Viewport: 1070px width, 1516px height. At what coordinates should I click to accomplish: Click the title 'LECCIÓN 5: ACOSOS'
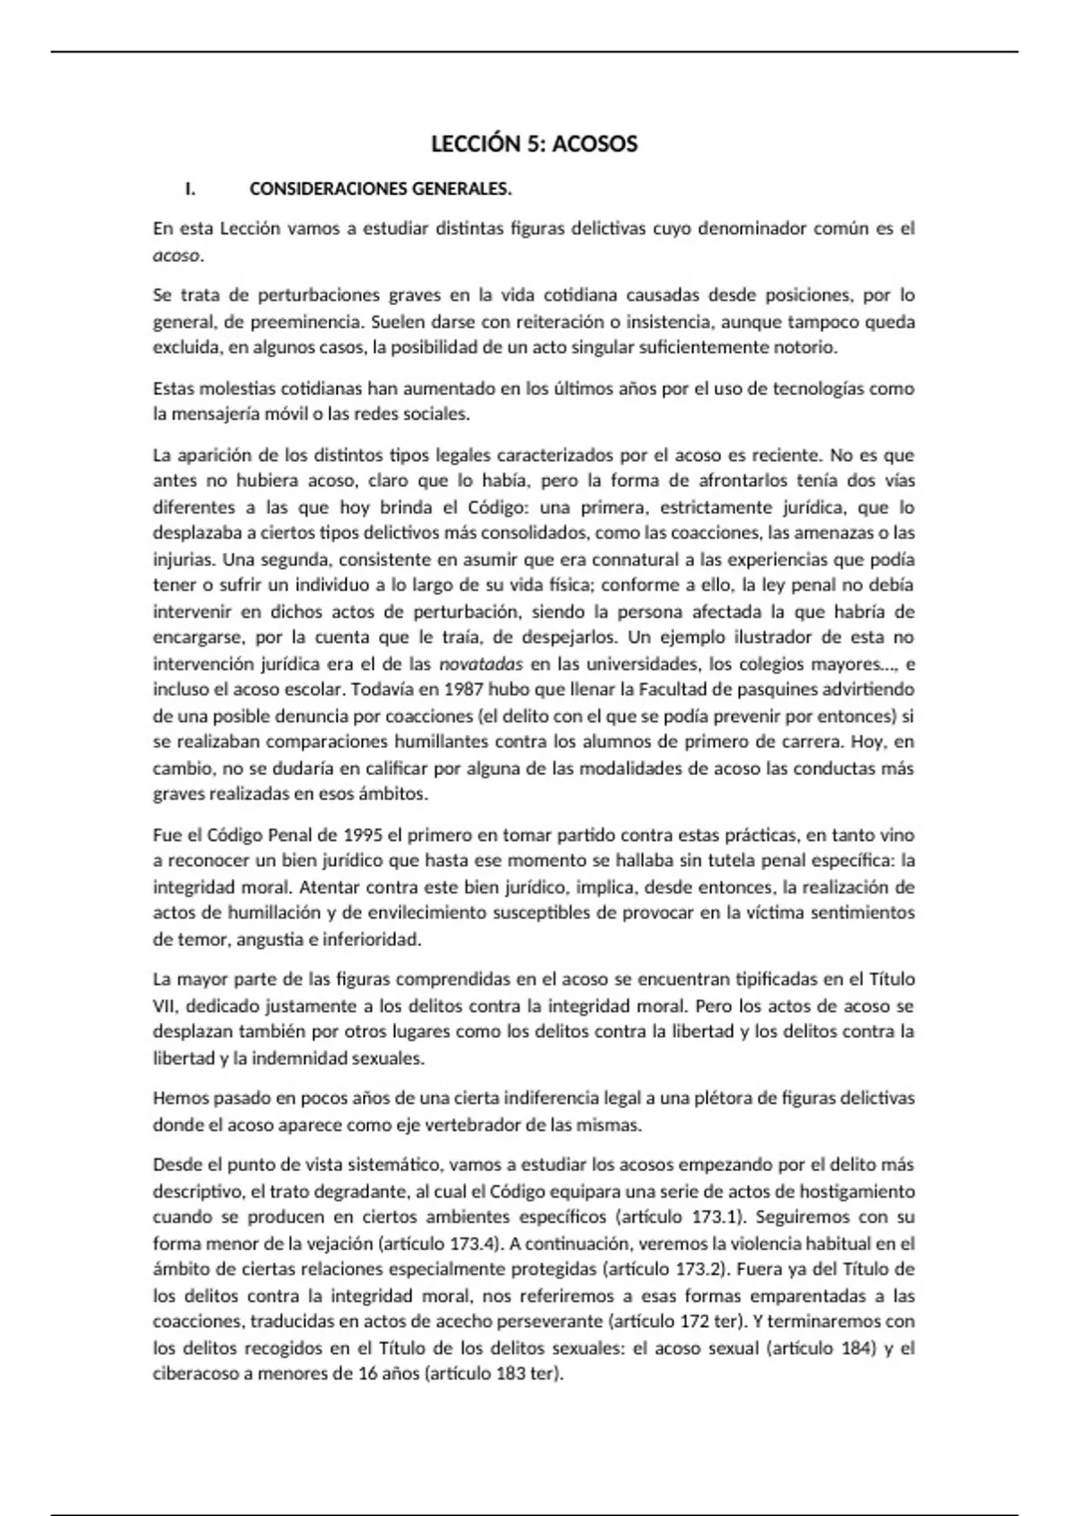tap(534, 144)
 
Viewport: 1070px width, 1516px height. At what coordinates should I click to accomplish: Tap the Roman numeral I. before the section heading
tap(189, 189)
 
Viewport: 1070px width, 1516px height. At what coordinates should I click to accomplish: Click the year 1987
tap(464, 690)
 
